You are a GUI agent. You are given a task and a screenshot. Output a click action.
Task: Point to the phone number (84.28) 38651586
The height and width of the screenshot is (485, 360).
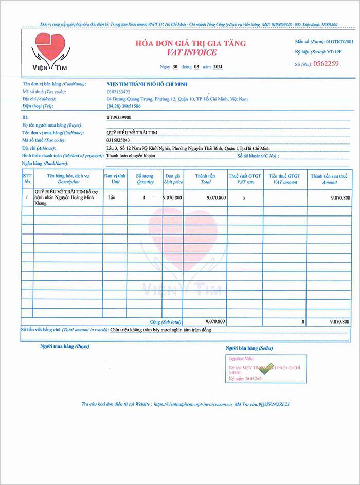(x=123, y=106)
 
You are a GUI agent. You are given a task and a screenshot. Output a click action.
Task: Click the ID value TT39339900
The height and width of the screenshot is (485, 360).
(x=119, y=117)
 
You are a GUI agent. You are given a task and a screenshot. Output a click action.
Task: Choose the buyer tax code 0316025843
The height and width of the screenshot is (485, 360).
(x=118, y=140)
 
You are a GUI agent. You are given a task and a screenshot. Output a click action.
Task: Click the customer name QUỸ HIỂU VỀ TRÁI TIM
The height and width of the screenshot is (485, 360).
(x=128, y=132)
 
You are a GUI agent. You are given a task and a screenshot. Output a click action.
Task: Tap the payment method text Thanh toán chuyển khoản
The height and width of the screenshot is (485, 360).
(x=131, y=155)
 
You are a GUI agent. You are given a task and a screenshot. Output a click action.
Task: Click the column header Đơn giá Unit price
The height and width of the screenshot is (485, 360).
(x=173, y=179)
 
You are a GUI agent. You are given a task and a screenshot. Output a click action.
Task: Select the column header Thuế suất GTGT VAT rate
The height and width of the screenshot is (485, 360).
(x=245, y=179)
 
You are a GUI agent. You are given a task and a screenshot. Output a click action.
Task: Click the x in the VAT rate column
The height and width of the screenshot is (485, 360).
(x=244, y=197)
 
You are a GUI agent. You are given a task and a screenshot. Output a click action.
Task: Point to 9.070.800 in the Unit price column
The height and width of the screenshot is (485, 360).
(x=173, y=197)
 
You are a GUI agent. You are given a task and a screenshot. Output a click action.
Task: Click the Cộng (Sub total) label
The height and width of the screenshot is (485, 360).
(x=166, y=321)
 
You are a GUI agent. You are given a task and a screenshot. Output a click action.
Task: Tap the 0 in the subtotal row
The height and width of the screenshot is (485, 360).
(x=303, y=321)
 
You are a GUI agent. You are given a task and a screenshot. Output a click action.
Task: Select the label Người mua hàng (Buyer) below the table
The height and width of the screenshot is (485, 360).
(x=65, y=346)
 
